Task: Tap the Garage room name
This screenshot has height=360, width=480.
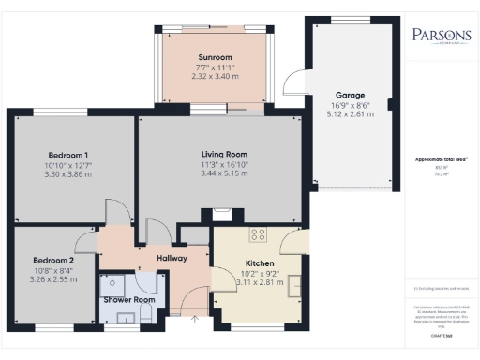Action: click(351, 95)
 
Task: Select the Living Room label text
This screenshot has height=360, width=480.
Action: click(223, 154)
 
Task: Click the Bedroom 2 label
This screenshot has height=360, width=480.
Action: click(52, 260)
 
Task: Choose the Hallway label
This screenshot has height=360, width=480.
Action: click(172, 258)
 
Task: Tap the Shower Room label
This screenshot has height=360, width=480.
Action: click(128, 300)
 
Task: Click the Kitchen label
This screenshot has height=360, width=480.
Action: click(259, 263)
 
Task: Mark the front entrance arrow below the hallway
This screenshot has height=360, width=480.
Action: click(195, 321)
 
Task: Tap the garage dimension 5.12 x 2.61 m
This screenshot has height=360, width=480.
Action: click(351, 113)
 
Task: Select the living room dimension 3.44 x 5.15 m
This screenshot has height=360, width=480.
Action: click(223, 173)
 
